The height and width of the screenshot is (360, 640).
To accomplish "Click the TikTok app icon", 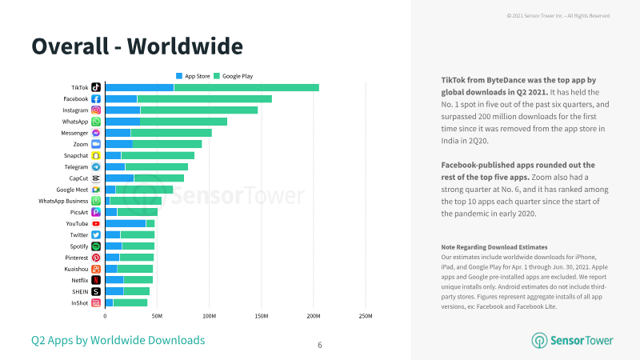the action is click(x=96, y=87).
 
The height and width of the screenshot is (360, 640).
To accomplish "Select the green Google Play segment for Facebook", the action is click(x=205, y=98).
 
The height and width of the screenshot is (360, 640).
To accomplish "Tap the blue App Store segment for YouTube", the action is click(x=126, y=224).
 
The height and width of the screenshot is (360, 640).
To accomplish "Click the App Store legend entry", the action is click(x=193, y=76).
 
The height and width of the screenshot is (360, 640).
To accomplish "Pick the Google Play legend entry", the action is click(x=233, y=76).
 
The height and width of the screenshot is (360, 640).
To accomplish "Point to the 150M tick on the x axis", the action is click(x=262, y=316).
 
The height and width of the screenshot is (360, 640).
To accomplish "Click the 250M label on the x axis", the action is click(x=366, y=316).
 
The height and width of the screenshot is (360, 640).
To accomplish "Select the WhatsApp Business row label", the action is click(x=63, y=201).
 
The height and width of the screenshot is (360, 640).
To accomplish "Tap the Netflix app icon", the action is click(x=96, y=280).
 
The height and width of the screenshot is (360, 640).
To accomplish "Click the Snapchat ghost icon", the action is click(x=96, y=155).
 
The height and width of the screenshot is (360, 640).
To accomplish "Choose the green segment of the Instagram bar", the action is click(x=199, y=110).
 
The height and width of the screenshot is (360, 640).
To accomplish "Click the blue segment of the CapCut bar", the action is click(x=119, y=178).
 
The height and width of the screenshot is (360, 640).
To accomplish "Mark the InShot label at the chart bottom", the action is click(x=79, y=303).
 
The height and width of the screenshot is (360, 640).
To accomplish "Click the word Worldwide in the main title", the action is click(x=185, y=46).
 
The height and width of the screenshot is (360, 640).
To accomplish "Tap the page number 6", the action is click(x=320, y=346).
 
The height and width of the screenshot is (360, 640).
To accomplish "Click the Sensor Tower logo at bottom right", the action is click(x=572, y=341).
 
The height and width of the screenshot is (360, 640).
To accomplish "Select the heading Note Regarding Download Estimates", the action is click(x=494, y=247).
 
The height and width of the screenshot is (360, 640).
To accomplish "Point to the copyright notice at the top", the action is click(x=558, y=16).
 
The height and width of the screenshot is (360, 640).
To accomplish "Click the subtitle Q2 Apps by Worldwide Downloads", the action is click(x=118, y=341).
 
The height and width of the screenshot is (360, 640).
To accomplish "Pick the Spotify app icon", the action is click(x=96, y=246).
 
